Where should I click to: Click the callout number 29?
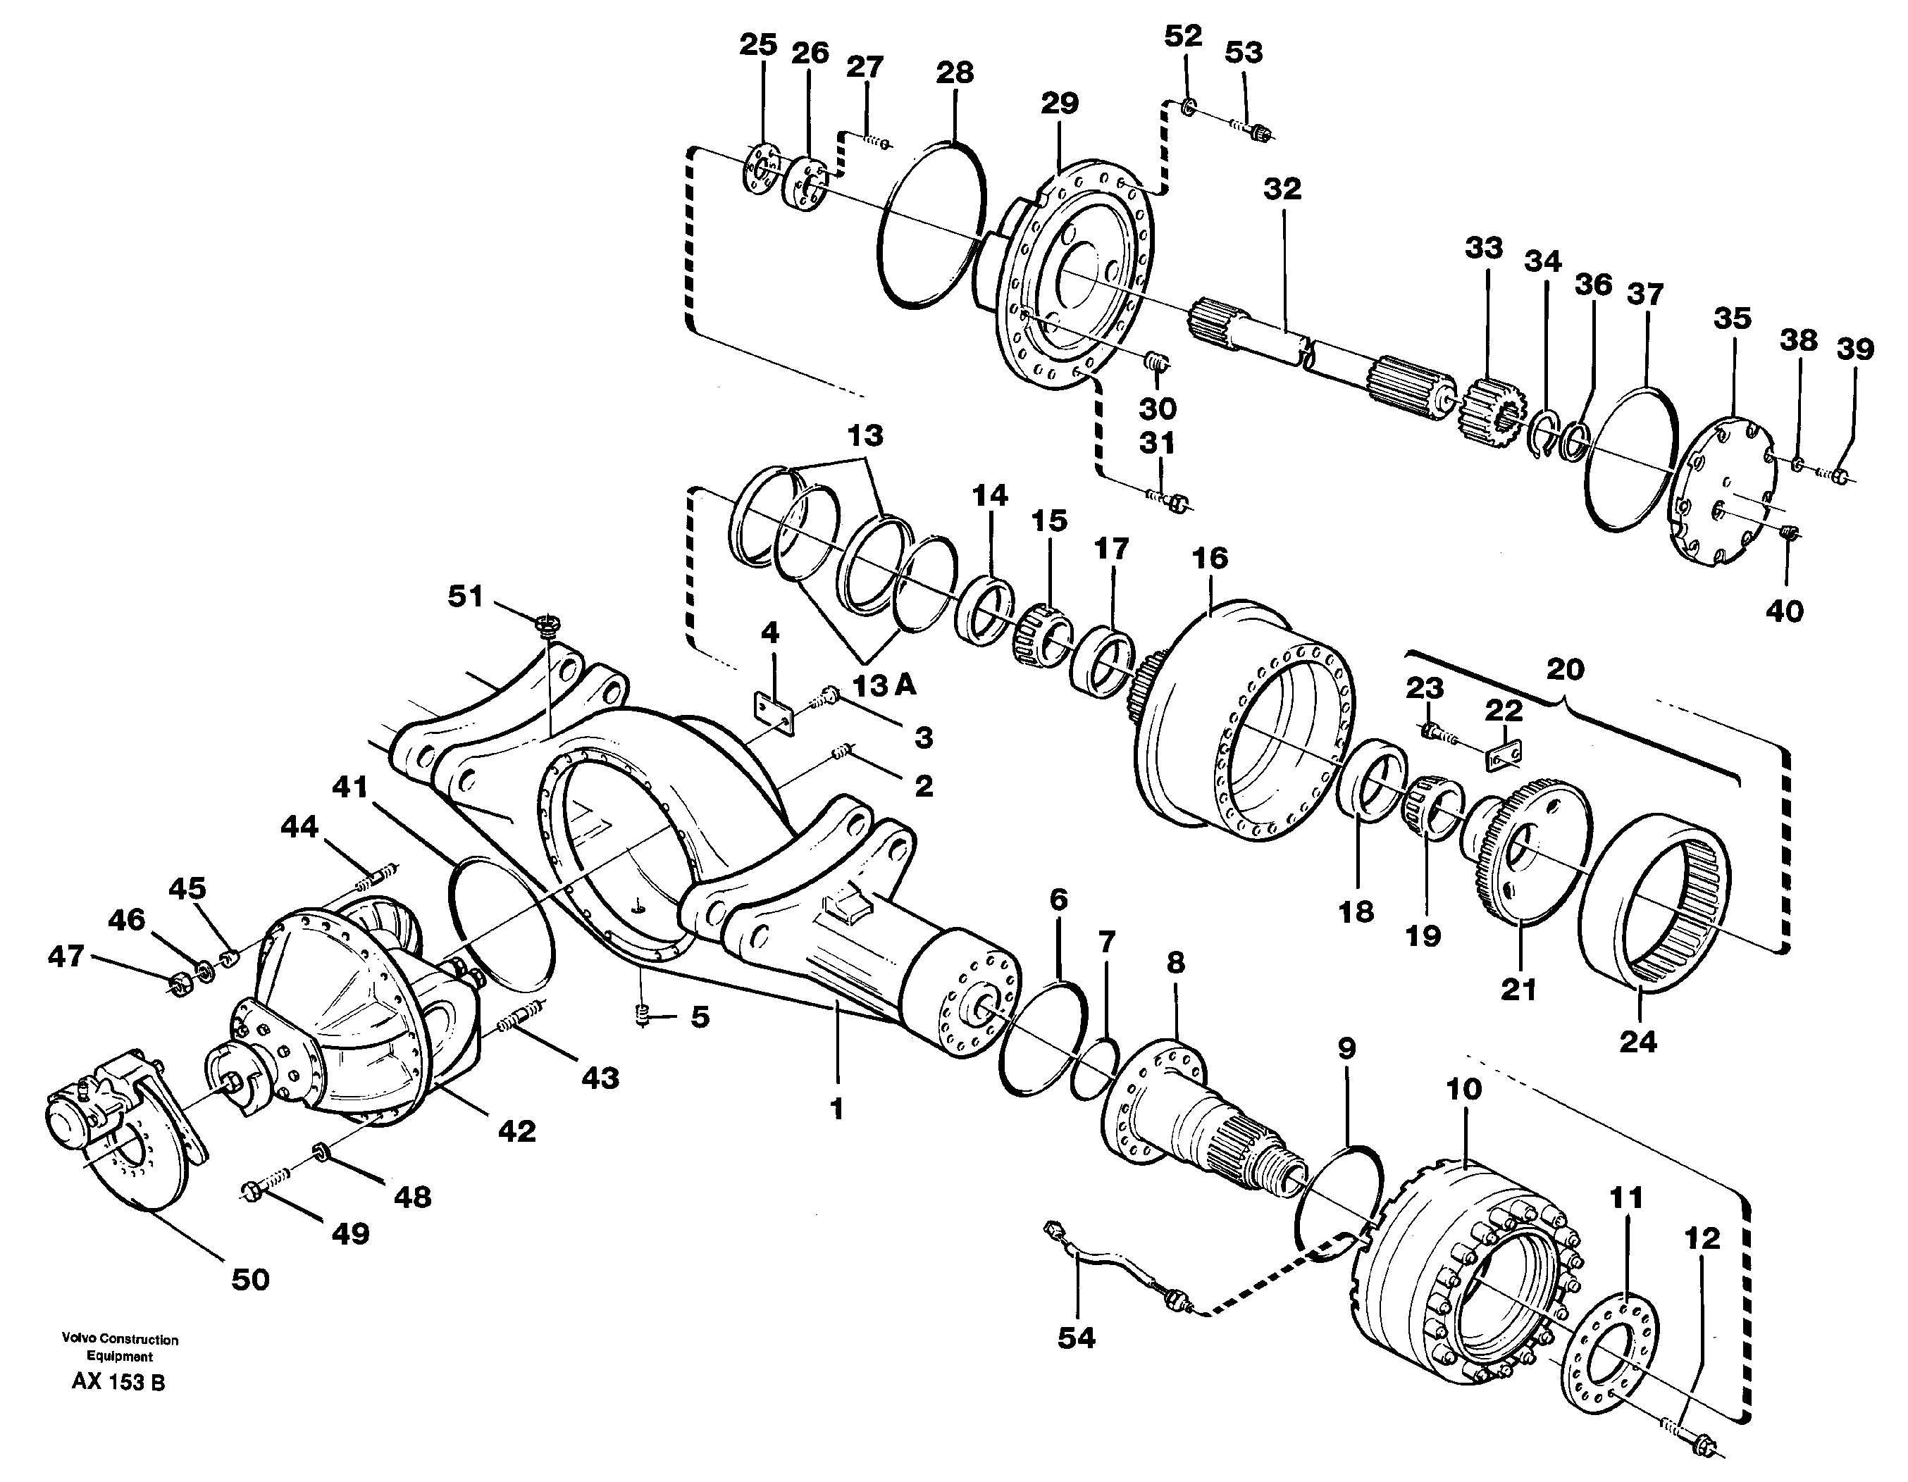[x=1059, y=103]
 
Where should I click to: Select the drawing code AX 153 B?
[x=119, y=1383]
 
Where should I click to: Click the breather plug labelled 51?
[x=547, y=623]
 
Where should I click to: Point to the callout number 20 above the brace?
[x=1565, y=670]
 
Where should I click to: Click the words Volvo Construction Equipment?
[x=120, y=1347]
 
